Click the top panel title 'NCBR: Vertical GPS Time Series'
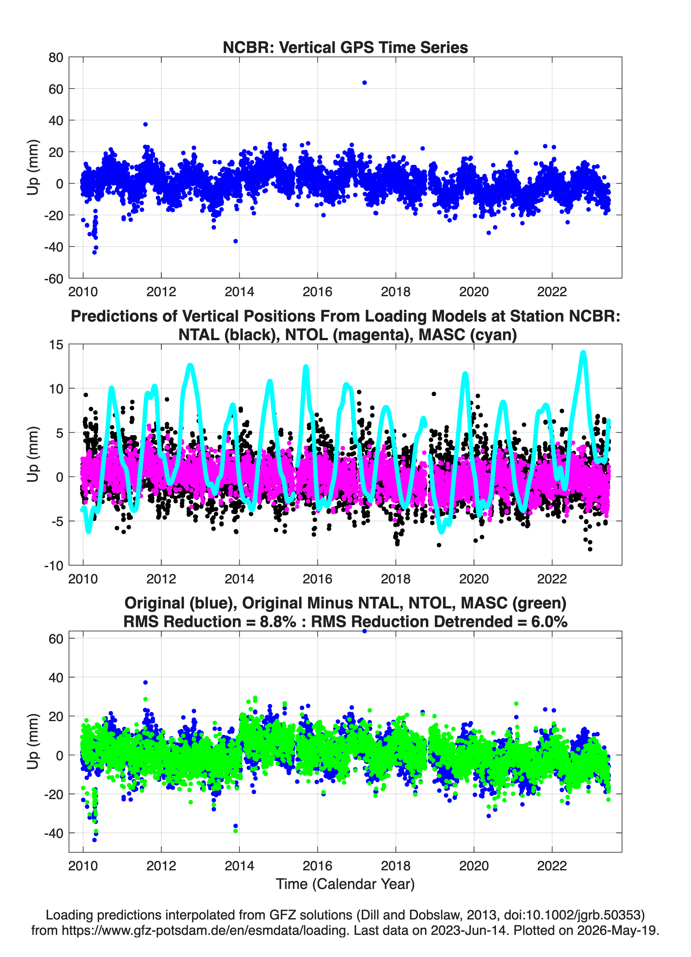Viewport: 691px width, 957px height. pyautogui.click(x=345, y=47)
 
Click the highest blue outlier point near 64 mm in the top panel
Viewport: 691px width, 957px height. pyautogui.click(x=364, y=83)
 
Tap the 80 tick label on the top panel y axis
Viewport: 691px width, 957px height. pyautogui.click(x=56, y=57)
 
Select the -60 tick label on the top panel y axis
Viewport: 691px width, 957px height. pyautogui.click(x=54, y=279)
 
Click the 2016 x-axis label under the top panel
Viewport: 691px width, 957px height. pyautogui.click(x=317, y=292)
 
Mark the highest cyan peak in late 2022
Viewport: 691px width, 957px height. pyautogui.click(x=583, y=353)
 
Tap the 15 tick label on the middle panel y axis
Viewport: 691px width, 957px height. pyautogui.click(x=56, y=345)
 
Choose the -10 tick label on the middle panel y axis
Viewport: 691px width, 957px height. pyautogui.click(x=54, y=566)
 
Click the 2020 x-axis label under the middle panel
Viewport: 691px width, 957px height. pyautogui.click(x=474, y=579)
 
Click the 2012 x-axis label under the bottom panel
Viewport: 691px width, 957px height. pyautogui.click(x=161, y=866)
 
